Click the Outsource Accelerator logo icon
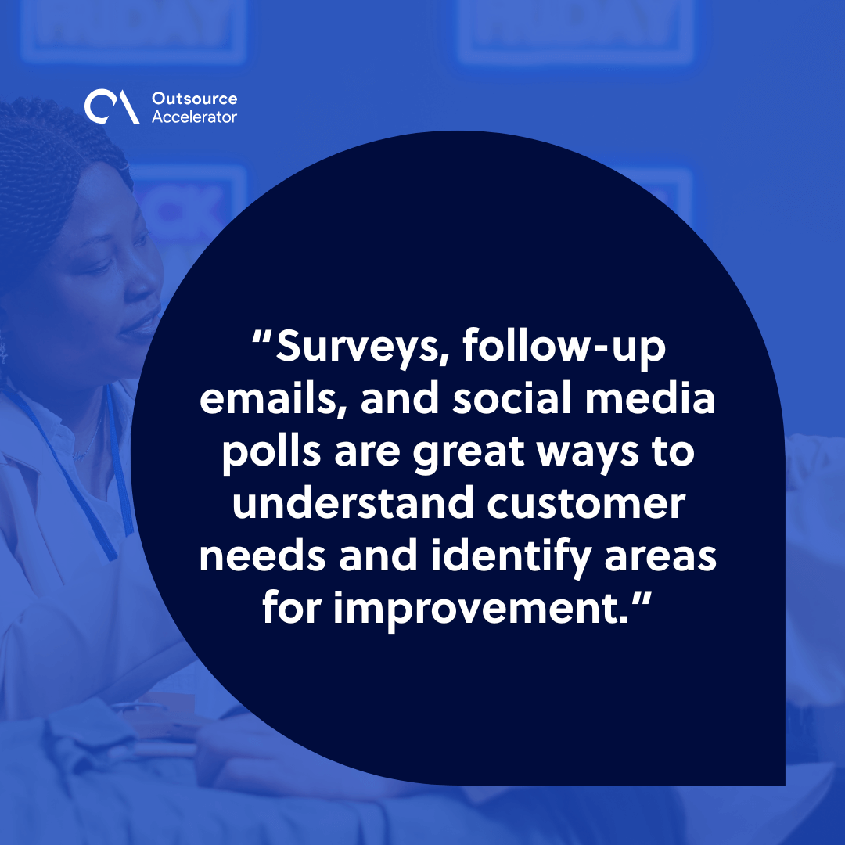[x=112, y=107]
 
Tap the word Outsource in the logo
[x=193, y=99]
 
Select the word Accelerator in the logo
[x=194, y=117]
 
